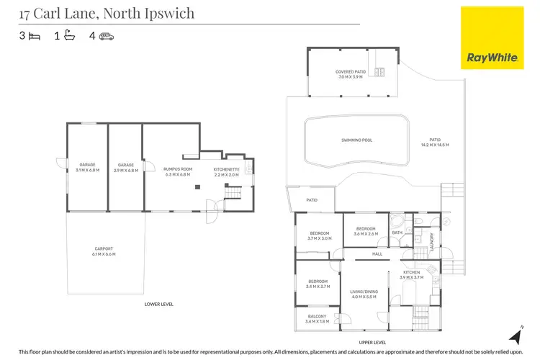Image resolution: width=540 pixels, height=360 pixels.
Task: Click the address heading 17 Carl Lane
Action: (x=107, y=14)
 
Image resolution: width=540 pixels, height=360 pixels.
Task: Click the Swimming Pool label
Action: (x=356, y=140)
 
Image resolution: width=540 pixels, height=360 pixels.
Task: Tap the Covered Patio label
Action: (x=351, y=73)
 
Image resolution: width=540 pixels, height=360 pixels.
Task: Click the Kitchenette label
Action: (x=226, y=172)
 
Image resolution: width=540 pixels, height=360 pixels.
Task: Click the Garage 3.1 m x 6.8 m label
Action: (x=87, y=168)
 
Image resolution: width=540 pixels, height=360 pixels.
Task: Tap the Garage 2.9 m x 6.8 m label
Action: (x=126, y=168)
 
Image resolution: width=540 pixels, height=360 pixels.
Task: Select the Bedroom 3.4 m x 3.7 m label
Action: (x=318, y=284)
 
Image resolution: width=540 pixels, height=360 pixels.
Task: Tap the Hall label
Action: (x=377, y=254)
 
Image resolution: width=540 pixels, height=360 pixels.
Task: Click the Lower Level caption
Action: (x=159, y=305)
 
